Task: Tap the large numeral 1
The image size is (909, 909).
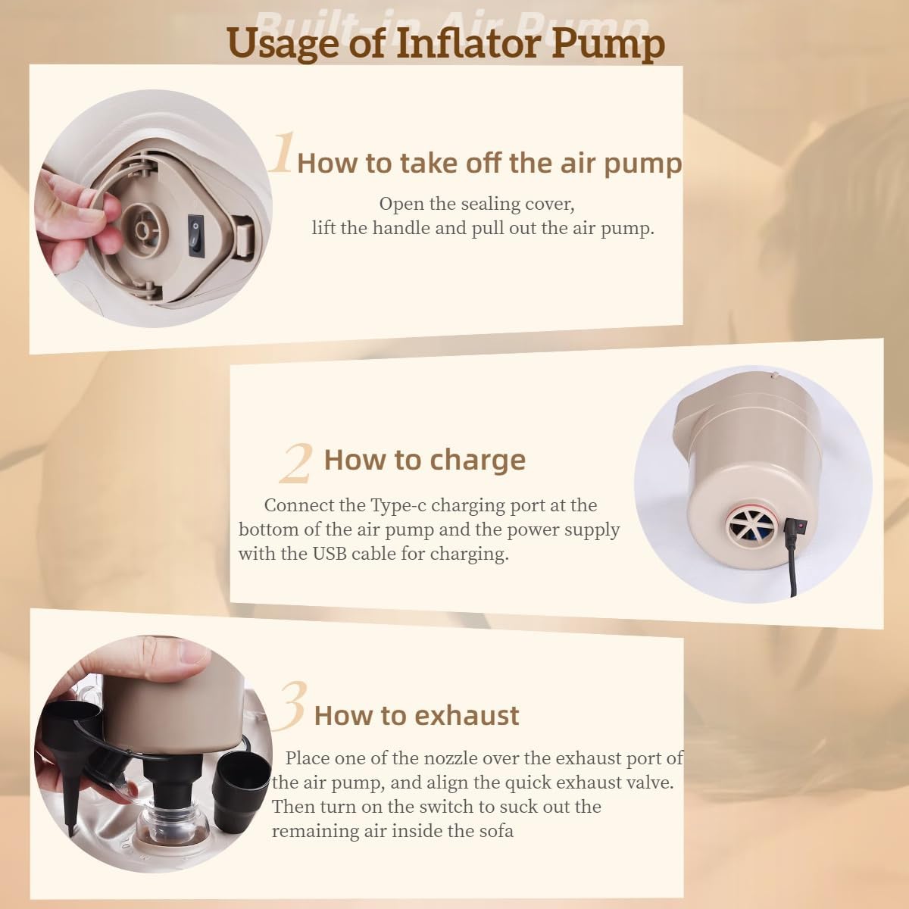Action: coord(282,153)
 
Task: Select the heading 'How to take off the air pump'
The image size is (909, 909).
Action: coord(489,163)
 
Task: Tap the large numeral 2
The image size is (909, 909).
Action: coord(295,464)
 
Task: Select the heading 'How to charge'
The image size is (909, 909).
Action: coord(424,460)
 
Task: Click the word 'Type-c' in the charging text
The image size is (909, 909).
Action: coord(397,505)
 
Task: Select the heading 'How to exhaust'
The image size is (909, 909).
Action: coord(417,715)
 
